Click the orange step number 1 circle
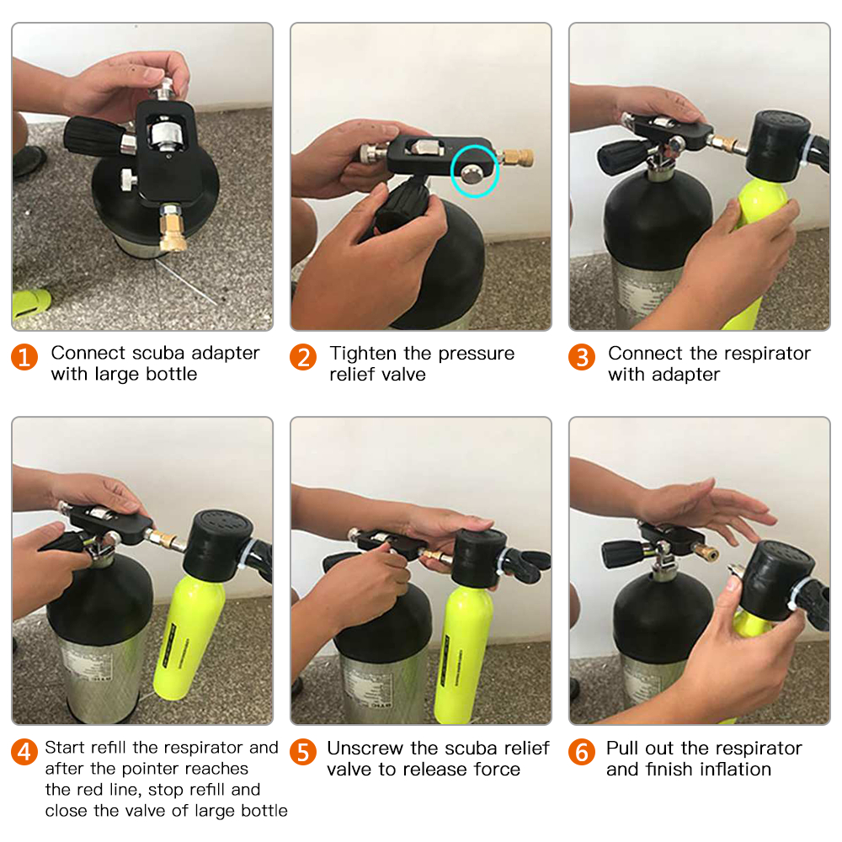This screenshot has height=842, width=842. point(24,357)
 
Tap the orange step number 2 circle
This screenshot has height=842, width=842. point(303,357)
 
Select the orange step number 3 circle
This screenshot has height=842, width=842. point(582,357)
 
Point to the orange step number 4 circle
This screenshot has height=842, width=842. point(24,752)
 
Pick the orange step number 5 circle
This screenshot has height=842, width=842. point(303,752)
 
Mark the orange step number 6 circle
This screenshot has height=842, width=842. point(582,752)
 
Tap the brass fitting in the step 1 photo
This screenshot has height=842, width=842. point(173,230)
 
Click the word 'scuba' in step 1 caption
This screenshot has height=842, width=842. point(158,353)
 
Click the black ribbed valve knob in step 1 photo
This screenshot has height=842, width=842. point(93,137)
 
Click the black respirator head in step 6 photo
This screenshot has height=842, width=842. point(777,580)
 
